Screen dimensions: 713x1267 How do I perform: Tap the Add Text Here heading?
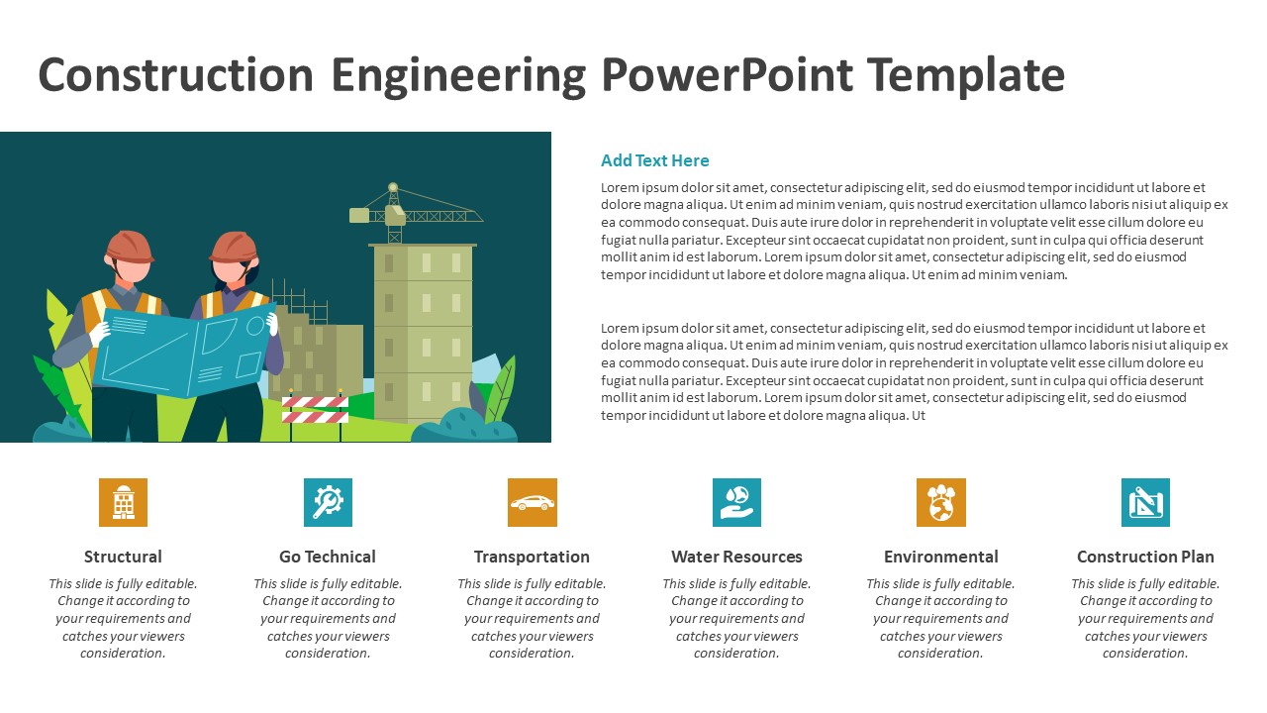tap(654, 160)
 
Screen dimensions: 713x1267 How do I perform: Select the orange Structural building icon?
tap(123, 502)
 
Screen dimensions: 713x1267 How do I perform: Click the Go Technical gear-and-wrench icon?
tap(328, 502)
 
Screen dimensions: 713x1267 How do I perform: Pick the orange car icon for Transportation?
tap(533, 502)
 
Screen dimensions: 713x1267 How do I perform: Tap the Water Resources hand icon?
tap(736, 502)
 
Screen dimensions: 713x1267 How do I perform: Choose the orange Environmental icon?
tap(940, 502)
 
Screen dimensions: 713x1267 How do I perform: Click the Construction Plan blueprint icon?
tap(1145, 502)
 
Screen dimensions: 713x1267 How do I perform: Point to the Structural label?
tap(123, 557)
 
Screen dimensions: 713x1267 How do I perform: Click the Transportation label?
tap(532, 557)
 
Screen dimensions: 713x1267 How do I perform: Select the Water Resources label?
tap(736, 557)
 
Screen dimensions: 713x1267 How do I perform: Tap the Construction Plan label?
tap(1145, 557)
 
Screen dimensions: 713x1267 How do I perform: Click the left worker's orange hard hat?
tap(130, 246)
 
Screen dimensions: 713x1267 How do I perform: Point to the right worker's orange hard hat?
tap(234, 246)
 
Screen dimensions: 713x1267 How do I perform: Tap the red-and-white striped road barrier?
tap(315, 409)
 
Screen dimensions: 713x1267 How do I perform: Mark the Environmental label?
tap(940, 557)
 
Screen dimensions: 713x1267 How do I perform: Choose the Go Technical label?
tap(328, 557)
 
